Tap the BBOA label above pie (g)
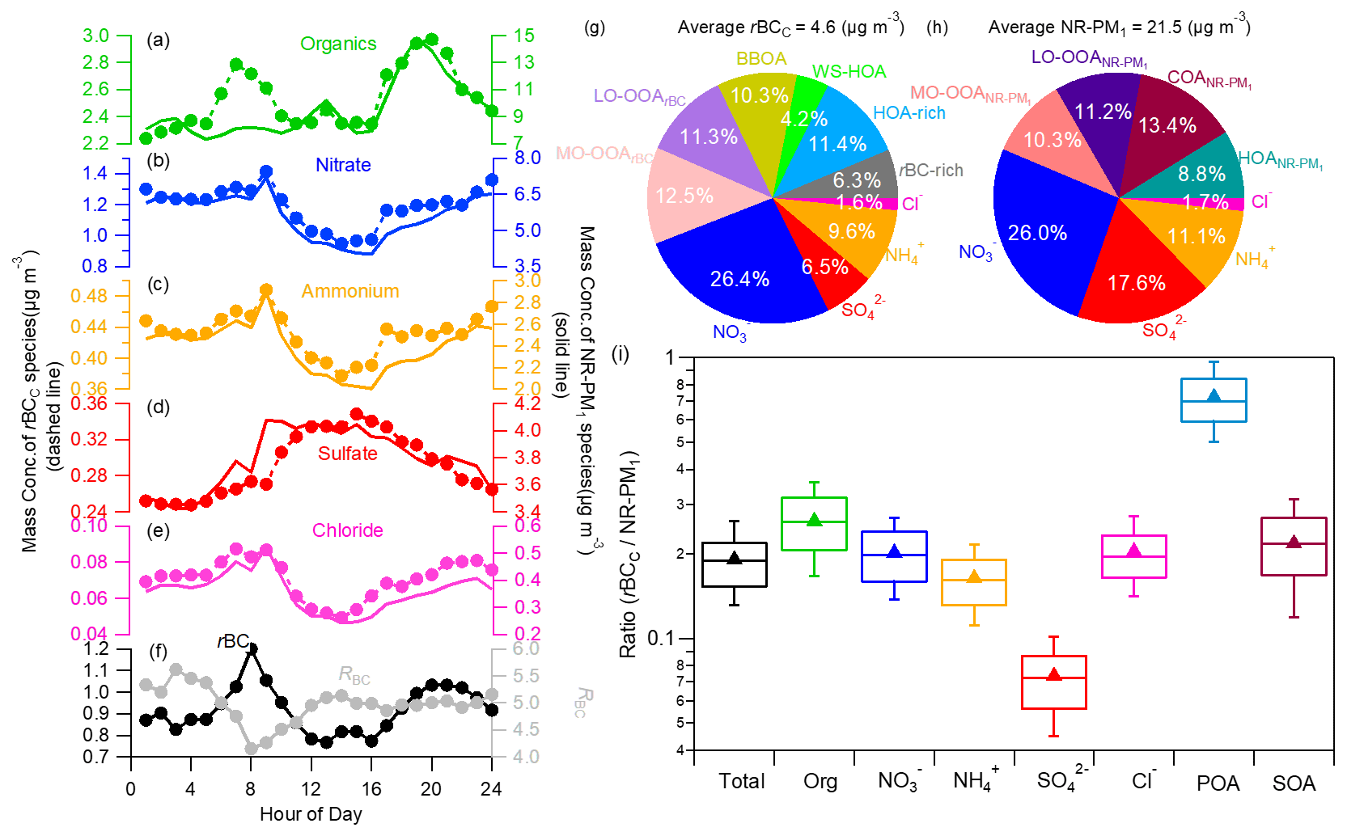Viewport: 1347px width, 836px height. (761, 59)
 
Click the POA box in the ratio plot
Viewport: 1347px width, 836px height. (1213, 400)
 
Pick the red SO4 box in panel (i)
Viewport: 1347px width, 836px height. (1053, 682)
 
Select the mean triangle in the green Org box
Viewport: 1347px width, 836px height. (815, 521)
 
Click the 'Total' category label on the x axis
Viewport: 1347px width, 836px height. (741, 781)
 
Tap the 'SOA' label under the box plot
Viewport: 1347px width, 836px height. (1294, 783)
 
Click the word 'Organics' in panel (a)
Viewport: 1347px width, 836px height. (338, 44)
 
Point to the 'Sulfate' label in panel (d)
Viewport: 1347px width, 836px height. (347, 454)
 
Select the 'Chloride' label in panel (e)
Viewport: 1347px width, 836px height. (347, 530)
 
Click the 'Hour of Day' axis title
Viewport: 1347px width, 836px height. (311, 814)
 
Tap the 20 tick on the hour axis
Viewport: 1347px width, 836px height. (431, 790)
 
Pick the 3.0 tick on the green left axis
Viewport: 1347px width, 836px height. (95, 36)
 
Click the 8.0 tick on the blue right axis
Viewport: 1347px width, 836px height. (527, 158)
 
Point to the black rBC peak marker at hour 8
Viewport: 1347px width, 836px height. (252, 649)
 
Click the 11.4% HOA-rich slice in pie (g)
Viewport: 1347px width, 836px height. (838, 144)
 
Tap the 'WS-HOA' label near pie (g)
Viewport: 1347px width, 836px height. (849, 72)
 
